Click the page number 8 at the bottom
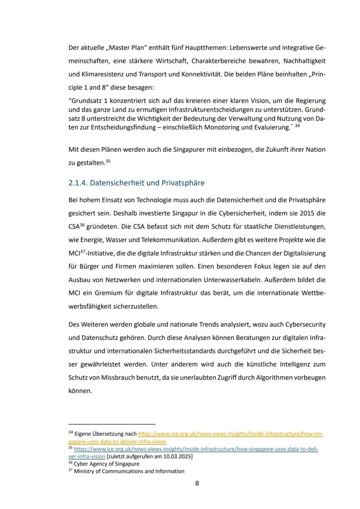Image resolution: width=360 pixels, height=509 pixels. tap(197, 483)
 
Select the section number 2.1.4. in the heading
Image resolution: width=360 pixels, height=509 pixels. tap(78, 183)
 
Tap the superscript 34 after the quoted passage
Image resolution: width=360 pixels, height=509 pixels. tap(297, 126)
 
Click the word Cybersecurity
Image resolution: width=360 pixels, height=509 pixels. tap(305, 324)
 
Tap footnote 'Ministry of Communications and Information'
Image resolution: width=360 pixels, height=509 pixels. tap(129, 471)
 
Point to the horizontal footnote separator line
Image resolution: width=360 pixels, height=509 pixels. tap(112, 424)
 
